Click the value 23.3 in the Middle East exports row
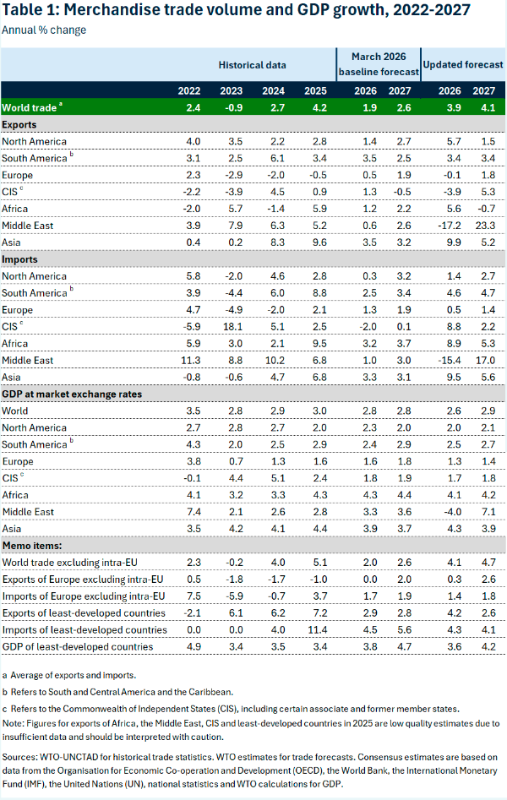485,226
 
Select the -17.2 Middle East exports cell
450,226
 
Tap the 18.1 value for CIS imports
232,327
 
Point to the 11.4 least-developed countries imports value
317,629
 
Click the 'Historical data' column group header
252,65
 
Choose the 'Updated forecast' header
463,64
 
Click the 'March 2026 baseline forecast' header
379,64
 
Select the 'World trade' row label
29,107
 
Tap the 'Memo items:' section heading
32,546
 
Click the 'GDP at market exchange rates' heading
72,394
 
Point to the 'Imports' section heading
19,259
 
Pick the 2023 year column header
232,91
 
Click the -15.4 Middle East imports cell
450,360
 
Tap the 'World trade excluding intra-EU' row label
70,563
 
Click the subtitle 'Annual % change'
44,30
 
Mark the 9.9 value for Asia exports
454,242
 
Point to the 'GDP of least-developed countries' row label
78,646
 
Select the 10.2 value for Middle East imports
275,360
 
